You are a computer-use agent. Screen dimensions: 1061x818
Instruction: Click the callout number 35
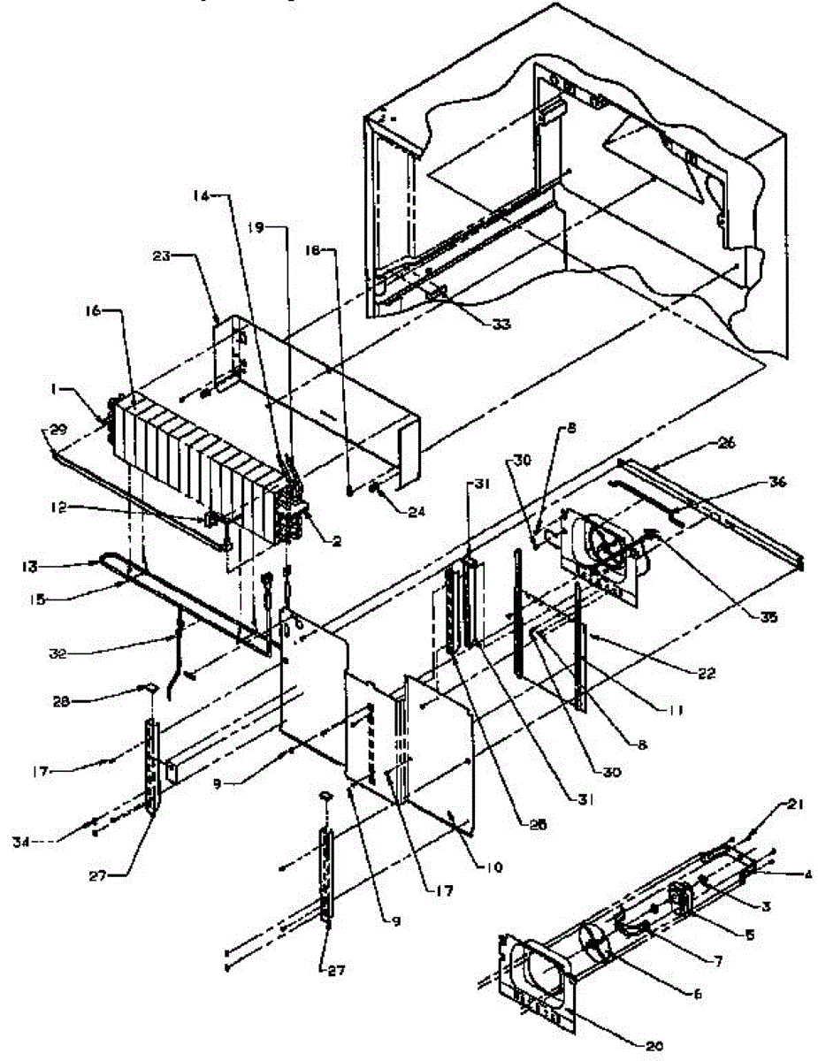(768, 618)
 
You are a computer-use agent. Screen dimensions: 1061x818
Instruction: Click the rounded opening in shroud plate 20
(541, 973)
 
